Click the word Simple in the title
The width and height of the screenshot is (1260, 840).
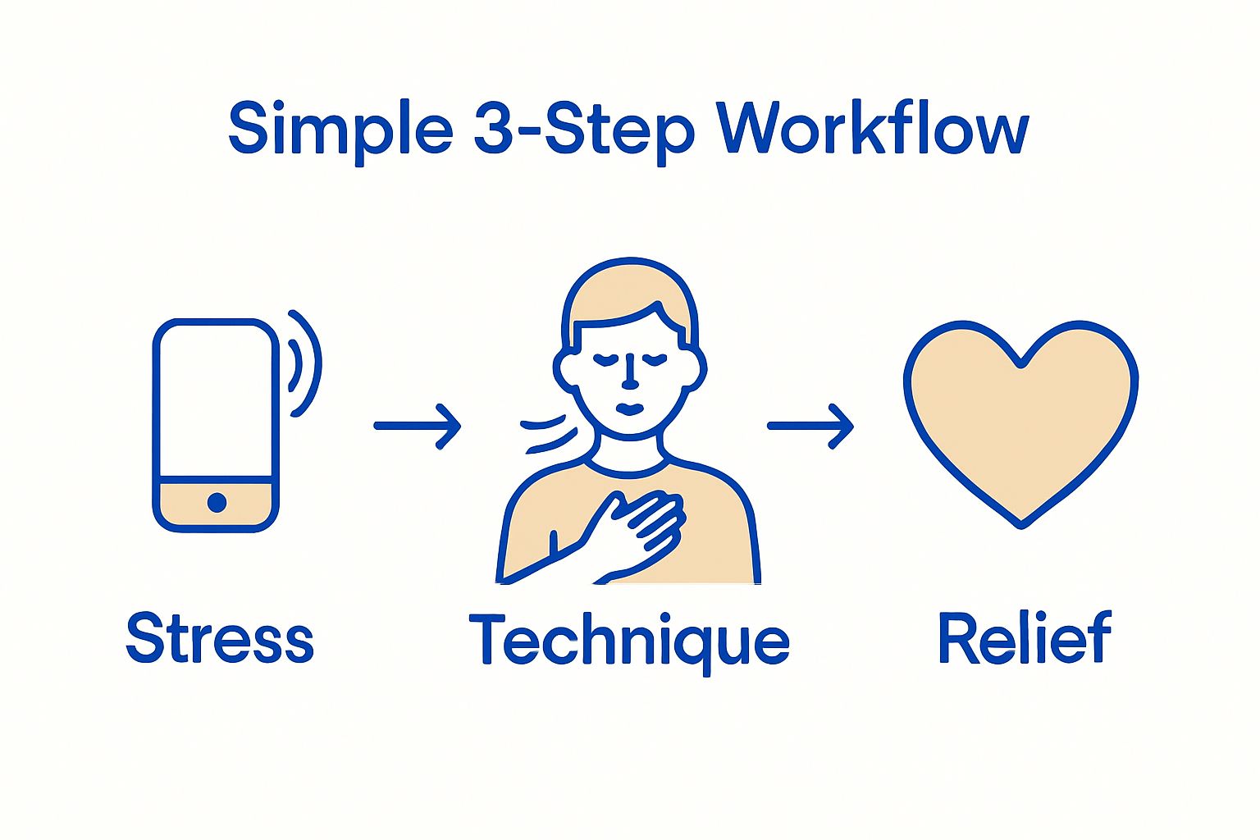340,130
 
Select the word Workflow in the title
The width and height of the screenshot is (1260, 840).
873,130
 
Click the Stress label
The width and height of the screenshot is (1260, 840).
220,638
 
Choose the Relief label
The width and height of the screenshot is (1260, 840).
1025,638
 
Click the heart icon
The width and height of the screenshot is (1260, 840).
1020,418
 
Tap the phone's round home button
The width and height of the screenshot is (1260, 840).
217,502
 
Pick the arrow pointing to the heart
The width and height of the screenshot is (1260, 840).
810,426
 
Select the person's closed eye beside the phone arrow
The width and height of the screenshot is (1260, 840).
605,358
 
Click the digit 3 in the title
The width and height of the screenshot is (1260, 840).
494,130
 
